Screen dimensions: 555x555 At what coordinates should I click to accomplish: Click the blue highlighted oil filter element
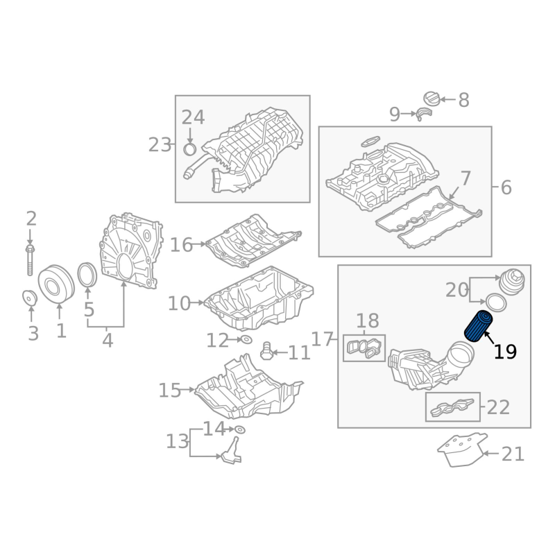click(477, 326)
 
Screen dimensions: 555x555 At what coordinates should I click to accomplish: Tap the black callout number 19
click(505, 352)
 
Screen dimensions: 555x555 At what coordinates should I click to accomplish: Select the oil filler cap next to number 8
click(432, 99)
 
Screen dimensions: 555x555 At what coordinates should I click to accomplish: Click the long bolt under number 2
click(30, 259)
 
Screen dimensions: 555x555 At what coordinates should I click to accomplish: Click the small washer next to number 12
click(246, 340)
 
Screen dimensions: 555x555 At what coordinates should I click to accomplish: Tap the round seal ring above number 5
click(87, 275)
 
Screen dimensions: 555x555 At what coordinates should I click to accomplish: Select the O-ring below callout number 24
click(190, 150)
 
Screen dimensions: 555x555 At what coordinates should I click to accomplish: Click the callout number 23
click(160, 145)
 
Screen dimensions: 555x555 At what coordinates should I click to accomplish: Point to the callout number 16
click(181, 245)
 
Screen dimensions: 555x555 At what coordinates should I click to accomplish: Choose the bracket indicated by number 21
click(461, 449)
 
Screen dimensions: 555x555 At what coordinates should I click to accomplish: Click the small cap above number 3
click(30, 297)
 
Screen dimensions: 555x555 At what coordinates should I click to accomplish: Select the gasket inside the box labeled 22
click(452, 407)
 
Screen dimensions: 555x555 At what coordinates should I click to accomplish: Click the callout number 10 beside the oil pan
click(179, 304)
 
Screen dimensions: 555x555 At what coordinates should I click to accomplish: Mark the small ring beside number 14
click(240, 429)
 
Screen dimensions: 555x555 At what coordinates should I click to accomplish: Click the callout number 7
click(465, 179)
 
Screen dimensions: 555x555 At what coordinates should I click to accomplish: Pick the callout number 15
click(170, 391)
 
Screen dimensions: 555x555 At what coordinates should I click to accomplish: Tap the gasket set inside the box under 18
click(364, 348)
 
